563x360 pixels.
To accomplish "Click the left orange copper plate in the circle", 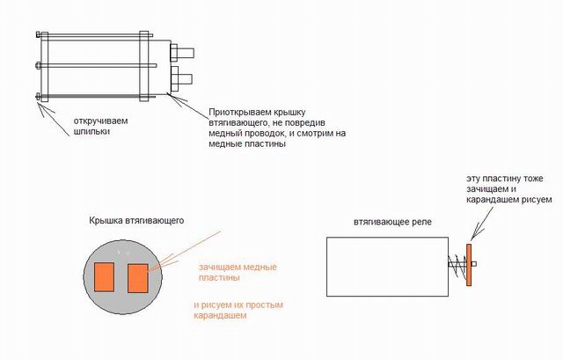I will click(104, 276).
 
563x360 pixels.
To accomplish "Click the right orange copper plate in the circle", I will click(138, 277).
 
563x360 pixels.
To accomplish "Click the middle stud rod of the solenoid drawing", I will click(97, 65).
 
